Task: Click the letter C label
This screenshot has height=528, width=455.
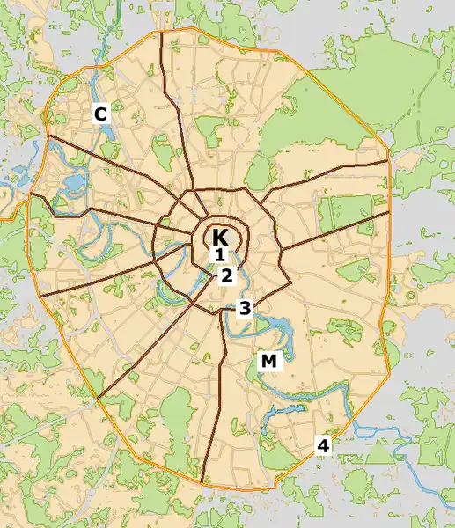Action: click(x=100, y=114)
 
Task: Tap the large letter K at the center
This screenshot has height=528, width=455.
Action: click(x=220, y=237)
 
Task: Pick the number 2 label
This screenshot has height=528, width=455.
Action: click(x=227, y=275)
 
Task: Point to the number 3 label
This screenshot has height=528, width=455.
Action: click(x=245, y=308)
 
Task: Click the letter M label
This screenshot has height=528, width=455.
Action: click(x=268, y=361)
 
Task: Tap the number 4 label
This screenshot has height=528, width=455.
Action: click(x=323, y=446)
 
